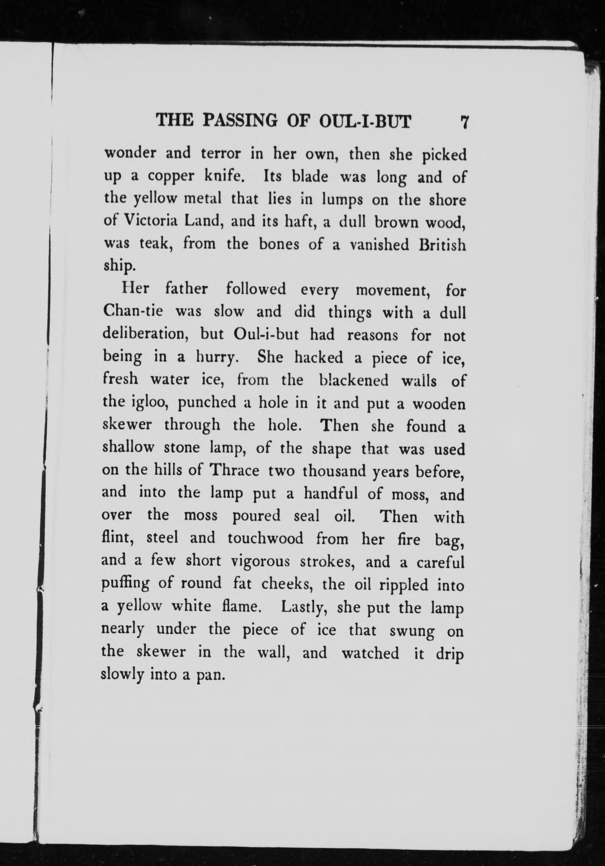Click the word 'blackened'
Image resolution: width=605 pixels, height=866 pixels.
[353, 380]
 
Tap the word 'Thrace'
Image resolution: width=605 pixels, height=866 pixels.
[234, 471]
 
